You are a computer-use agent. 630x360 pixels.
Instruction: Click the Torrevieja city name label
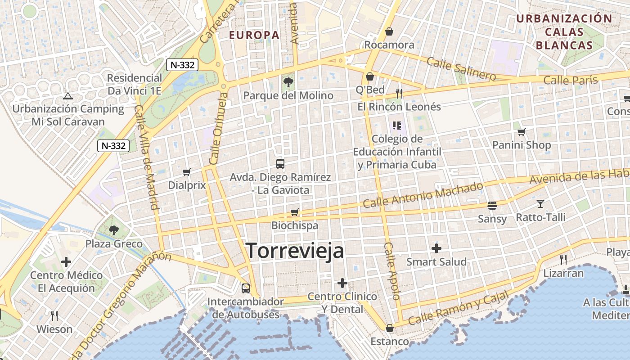coord(295,251)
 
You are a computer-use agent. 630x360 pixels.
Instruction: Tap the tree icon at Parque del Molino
coord(288,82)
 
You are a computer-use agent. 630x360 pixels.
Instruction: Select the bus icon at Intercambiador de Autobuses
coord(246,288)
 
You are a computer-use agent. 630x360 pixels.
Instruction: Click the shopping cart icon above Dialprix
coord(187,172)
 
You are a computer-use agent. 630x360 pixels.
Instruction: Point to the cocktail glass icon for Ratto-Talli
coord(540,204)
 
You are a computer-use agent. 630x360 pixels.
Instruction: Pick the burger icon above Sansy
coord(492,206)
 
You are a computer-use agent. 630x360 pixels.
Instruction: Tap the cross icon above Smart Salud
coord(436,248)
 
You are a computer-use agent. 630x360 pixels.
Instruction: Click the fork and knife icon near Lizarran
coord(563,259)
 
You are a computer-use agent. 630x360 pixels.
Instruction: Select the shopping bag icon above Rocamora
coord(389,31)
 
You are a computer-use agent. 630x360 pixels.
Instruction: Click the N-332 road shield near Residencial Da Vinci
coord(183,65)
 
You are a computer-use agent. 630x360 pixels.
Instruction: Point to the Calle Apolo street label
coord(392,271)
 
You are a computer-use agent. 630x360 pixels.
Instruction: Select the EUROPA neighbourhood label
coord(254,35)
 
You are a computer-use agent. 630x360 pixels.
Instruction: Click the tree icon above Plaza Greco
coord(114,230)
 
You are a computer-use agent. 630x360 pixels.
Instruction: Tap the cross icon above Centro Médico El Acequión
coord(66,261)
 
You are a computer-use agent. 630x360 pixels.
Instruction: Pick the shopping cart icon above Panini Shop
coord(521,132)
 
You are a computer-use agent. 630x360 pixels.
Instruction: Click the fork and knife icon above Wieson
coord(54,315)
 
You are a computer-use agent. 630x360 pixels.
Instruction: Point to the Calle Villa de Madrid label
coord(148,157)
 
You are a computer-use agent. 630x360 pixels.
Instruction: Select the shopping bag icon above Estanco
coord(390,328)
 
